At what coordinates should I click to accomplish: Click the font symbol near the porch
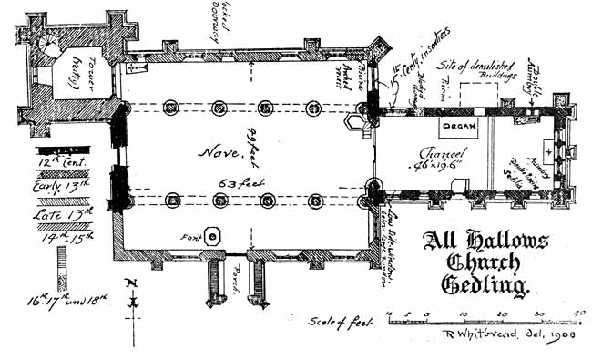213,237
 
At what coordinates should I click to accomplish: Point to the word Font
190,237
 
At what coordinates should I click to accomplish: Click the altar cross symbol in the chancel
548,146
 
